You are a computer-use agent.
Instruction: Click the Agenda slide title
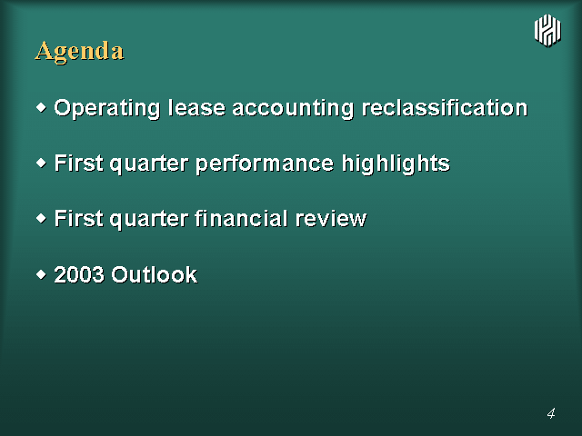tap(79, 51)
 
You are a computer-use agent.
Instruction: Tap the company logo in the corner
tap(547, 30)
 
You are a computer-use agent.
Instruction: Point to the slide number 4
tap(551, 413)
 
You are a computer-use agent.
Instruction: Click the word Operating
tap(107, 109)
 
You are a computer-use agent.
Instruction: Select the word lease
tap(196, 108)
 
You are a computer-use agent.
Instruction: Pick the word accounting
tap(293, 109)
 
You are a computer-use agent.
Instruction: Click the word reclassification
tap(445, 108)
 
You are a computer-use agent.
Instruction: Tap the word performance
tap(265, 163)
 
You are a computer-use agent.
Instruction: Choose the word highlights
tap(396, 163)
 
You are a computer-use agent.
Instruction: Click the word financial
tap(241, 218)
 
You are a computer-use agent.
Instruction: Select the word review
tap(331, 219)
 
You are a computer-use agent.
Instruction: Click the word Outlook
tap(155, 274)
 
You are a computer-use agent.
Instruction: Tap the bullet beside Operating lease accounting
tap(42, 108)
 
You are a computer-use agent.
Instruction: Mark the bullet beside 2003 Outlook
tap(42, 274)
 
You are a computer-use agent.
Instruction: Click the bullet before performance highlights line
tap(42, 163)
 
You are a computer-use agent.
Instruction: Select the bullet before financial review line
tap(42, 218)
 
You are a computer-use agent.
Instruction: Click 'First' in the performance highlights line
tap(79, 163)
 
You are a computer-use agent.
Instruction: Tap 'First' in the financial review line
tap(79, 218)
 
